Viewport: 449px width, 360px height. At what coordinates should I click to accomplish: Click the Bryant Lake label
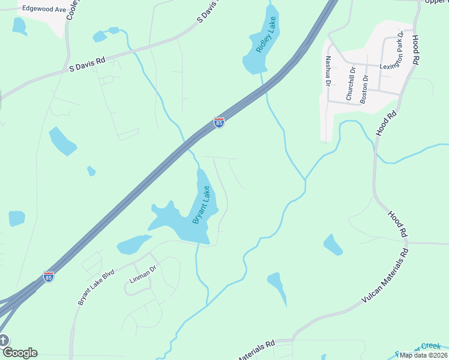[202, 205]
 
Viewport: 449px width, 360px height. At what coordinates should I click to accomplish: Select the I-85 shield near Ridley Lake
[219, 123]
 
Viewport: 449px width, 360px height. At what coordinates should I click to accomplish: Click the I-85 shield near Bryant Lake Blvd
[49, 277]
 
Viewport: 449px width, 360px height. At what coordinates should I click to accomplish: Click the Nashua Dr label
[328, 71]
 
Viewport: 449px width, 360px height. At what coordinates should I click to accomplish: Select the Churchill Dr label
[351, 83]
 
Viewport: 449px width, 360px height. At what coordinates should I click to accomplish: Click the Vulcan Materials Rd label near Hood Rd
[384, 275]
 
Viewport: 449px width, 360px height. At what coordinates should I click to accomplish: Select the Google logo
[19, 352]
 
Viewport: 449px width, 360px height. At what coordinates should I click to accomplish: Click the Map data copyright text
[423, 355]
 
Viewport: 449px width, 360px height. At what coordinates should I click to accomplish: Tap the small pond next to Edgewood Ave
[19, 25]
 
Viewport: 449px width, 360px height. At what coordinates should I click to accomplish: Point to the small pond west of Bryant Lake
[133, 244]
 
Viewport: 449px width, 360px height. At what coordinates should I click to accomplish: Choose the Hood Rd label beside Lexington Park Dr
[416, 50]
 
